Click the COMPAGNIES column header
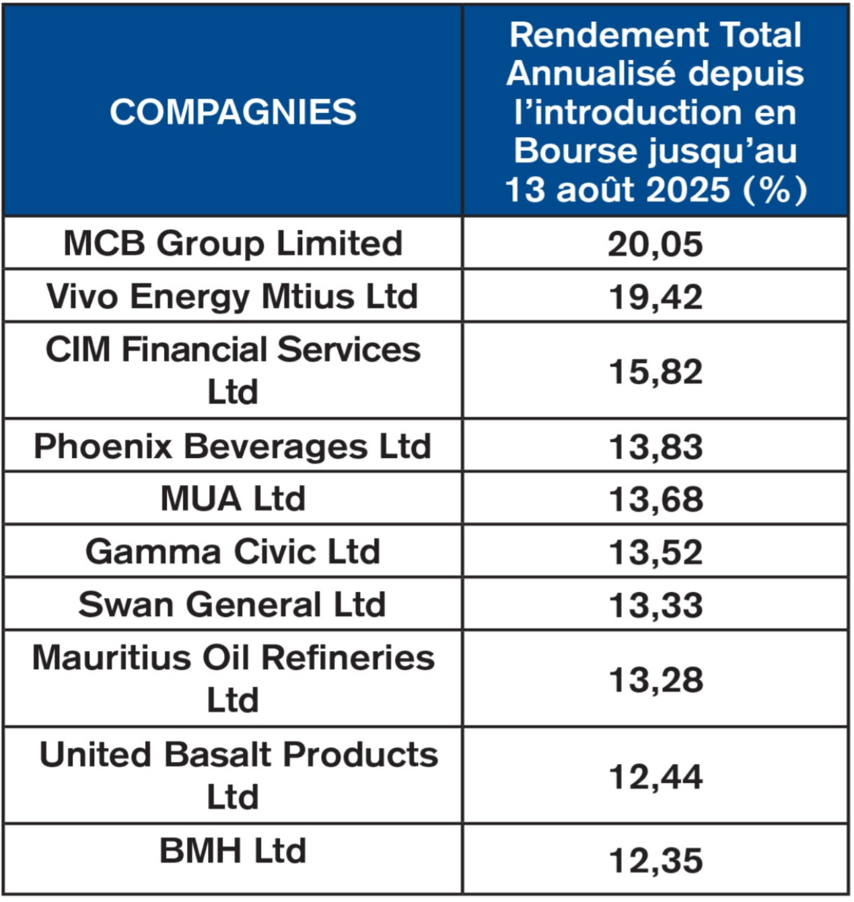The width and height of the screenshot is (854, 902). (x=233, y=112)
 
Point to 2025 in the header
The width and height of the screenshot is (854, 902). (x=688, y=190)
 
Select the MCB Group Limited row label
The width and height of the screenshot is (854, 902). (x=233, y=243)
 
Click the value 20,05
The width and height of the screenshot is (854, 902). (x=655, y=245)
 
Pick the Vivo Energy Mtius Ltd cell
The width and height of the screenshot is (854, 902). (x=232, y=297)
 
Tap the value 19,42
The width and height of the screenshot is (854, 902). (x=655, y=297)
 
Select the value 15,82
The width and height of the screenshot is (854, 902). (x=655, y=371)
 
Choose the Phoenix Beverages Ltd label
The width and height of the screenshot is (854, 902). (x=232, y=447)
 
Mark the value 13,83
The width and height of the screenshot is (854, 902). (x=655, y=447)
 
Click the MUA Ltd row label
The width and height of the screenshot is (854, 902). (x=233, y=498)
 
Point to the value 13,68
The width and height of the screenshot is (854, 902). (x=655, y=500)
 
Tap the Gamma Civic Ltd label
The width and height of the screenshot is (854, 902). (x=233, y=552)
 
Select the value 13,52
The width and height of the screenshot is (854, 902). (x=655, y=552)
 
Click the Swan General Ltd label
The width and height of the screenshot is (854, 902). (x=232, y=604)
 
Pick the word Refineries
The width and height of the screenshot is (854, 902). (x=347, y=658)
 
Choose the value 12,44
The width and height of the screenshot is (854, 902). (x=655, y=777)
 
